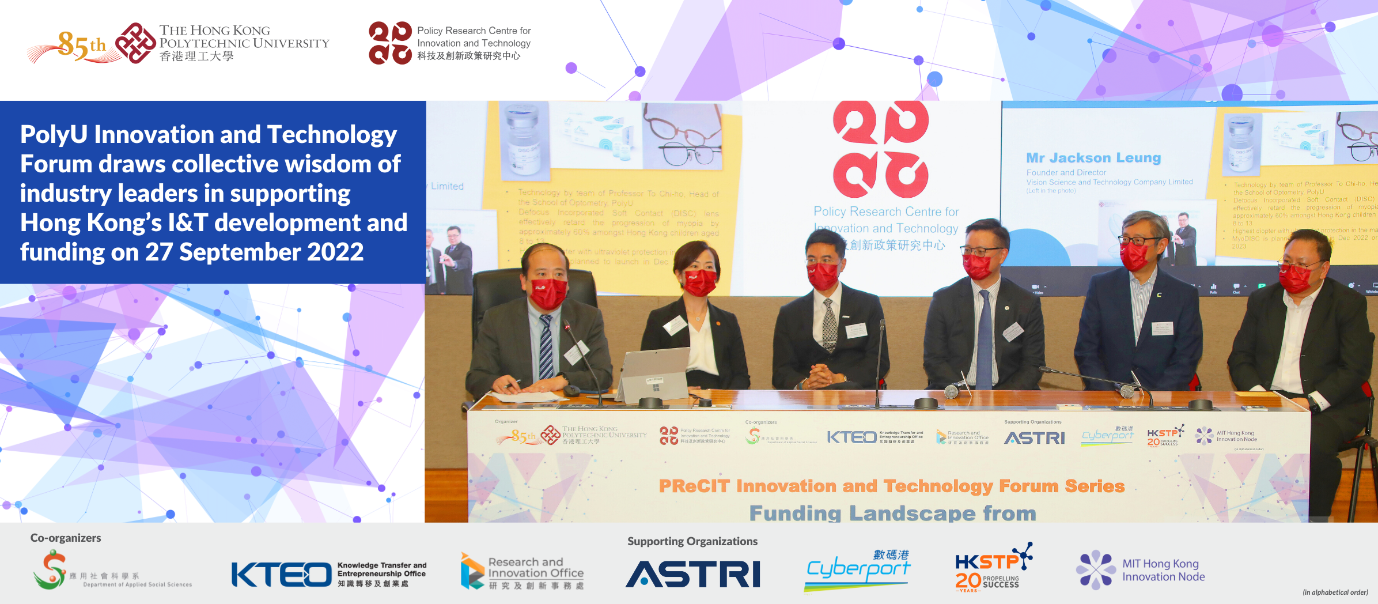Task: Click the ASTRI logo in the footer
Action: pos(692,574)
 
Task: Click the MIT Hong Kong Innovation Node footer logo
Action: pos(1141,570)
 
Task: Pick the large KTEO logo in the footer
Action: pos(281,575)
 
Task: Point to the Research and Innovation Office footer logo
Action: pos(522,572)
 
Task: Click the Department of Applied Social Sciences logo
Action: pos(112,571)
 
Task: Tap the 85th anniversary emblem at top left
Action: pos(81,45)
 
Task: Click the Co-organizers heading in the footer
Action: pos(66,538)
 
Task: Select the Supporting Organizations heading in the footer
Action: pos(692,541)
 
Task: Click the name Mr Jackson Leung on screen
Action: pos(1093,158)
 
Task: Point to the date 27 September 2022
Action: pos(254,252)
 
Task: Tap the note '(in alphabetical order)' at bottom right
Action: pos(1335,592)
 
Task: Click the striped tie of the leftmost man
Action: pos(546,346)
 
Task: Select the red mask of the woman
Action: pos(699,282)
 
